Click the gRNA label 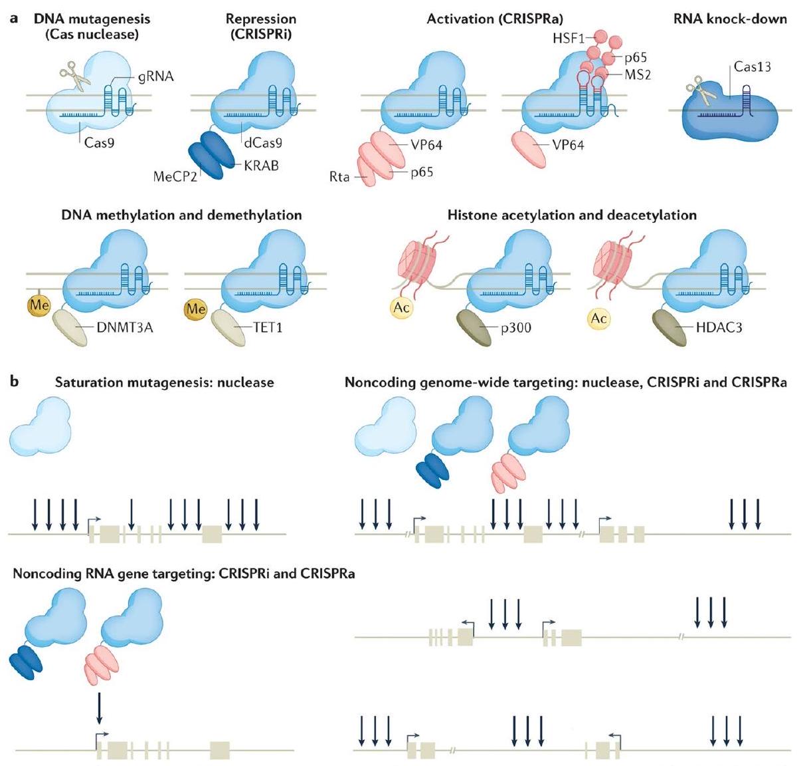coord(157,77)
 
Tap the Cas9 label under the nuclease coord(99,141)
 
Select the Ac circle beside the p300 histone coord(400,308)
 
